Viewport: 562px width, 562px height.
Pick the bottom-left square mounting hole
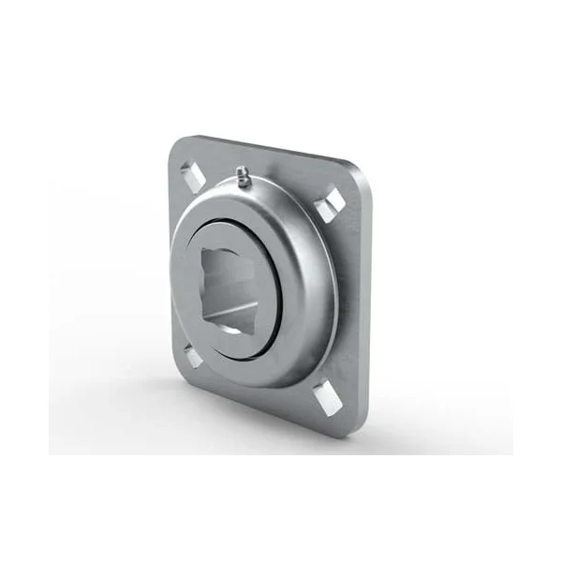[191, 354]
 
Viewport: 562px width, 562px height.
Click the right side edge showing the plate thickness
[365, 309]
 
